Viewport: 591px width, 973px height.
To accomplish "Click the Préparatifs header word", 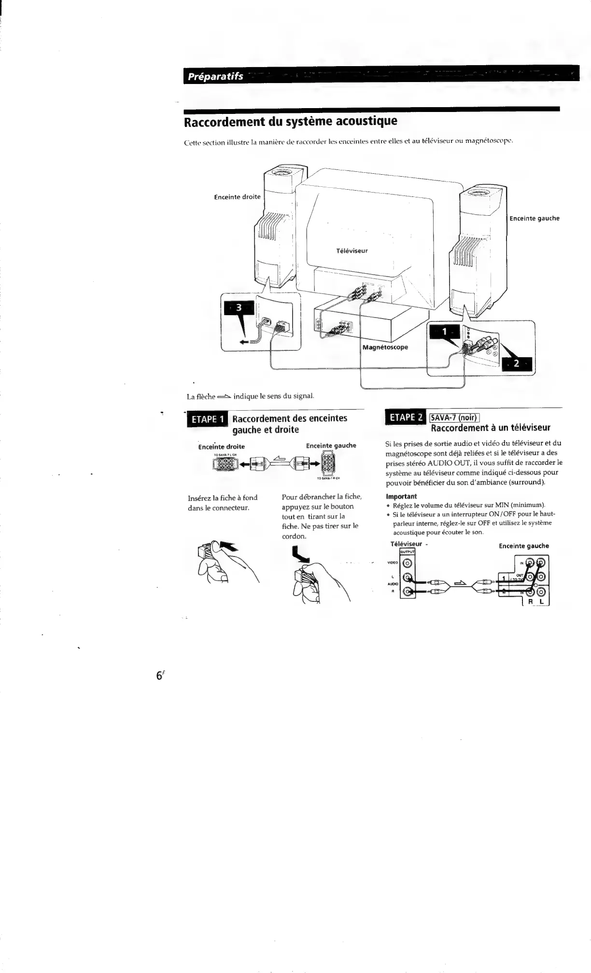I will [x=215, y=77].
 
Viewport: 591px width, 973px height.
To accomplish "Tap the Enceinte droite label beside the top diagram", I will [x=237, y=197].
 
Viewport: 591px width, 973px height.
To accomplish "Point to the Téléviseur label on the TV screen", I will [x=352, y=251].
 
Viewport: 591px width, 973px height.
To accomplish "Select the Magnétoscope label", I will [x=385, y=347].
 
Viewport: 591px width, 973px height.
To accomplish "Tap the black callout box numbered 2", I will [x=516, y=363].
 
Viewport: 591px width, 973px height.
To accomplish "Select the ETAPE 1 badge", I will [x=208, y=419].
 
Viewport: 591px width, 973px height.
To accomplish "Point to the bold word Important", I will [x=401, y=496].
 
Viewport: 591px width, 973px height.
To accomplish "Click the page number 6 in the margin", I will [x=158, y=676].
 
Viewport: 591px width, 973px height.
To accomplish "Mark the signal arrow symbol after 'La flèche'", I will [x=224, y=397].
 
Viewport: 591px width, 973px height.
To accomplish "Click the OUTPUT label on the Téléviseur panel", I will [x=408, y=552].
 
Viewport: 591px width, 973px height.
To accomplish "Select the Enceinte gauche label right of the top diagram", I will [x=535, y=218].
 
